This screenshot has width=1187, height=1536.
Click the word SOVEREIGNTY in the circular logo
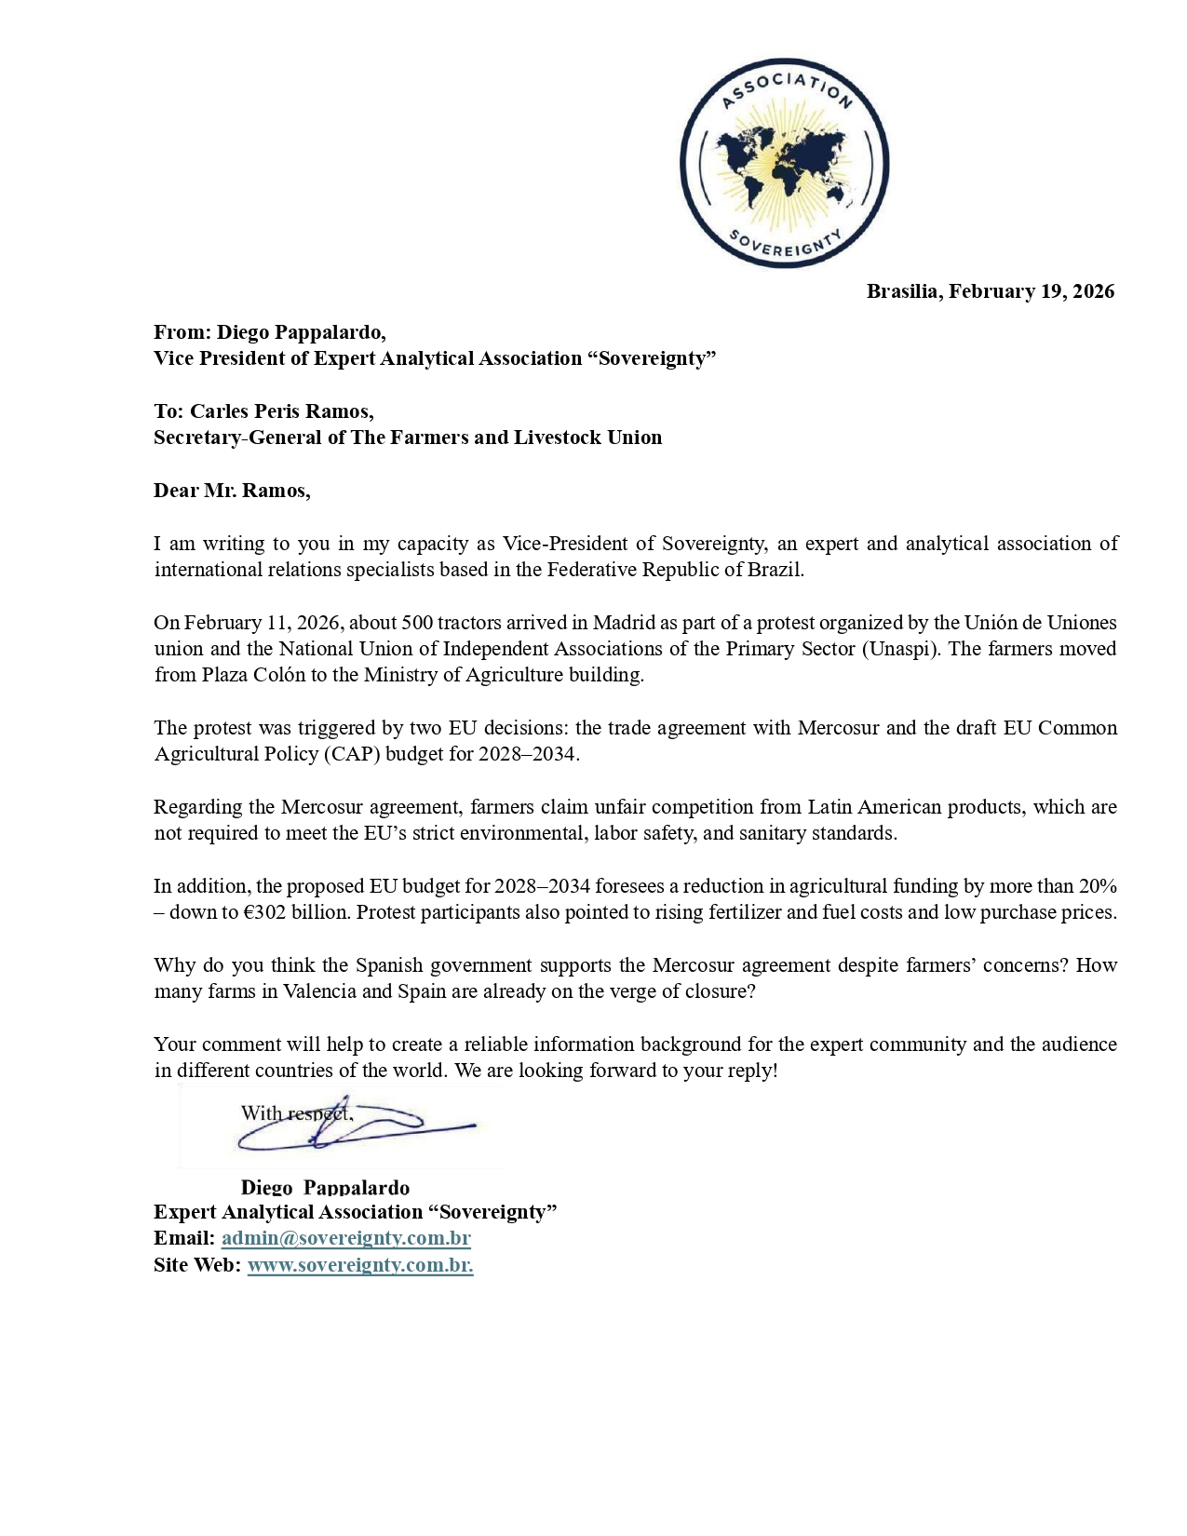(785, 245)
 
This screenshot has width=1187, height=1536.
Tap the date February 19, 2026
(1032, 291)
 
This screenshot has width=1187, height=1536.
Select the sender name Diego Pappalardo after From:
(301, 332)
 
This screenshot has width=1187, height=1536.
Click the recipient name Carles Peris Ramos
(281, 411)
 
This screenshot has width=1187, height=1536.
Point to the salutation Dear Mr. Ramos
(232, 491)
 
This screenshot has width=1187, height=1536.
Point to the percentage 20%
(1098, 886)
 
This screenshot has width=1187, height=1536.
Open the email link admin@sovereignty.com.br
(345, 1238)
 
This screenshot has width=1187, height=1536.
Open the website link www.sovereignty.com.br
(359, 1265)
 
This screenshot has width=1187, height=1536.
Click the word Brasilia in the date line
(903, 291)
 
